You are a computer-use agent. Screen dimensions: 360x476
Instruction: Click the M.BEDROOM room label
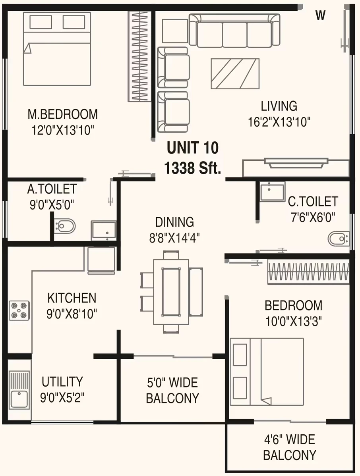click(63, 114)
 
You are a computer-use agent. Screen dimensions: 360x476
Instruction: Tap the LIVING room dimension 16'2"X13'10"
click(279, 122)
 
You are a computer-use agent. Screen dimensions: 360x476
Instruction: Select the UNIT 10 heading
click(193, 148)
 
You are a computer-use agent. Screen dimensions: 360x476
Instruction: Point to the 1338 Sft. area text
click(192, 168)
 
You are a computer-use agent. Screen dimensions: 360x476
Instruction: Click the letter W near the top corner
click(321, 15)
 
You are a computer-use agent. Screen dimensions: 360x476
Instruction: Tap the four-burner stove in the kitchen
click(19, 310)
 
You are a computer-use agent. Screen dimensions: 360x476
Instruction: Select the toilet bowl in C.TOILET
click(339, 239)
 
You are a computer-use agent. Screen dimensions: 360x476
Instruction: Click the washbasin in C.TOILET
click(273, 191)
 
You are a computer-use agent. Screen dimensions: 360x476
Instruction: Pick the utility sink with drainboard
click(19, 390)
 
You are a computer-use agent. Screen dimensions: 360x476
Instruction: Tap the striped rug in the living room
click(235, 74)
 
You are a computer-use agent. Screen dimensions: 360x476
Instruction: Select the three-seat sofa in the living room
click(234, 31)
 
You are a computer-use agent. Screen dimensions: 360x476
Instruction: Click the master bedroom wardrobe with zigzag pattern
click(139, 56)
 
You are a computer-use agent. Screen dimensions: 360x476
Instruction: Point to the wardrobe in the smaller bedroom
click(308, 272)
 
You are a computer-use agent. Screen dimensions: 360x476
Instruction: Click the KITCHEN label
click(72, 298)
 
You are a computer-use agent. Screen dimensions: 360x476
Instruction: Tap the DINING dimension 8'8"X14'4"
click(174, 238)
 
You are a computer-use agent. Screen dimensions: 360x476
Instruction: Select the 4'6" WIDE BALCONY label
click(290, 447)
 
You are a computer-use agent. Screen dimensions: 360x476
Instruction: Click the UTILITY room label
click(62, 382)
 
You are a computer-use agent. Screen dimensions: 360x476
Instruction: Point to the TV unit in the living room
click(296, 167)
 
